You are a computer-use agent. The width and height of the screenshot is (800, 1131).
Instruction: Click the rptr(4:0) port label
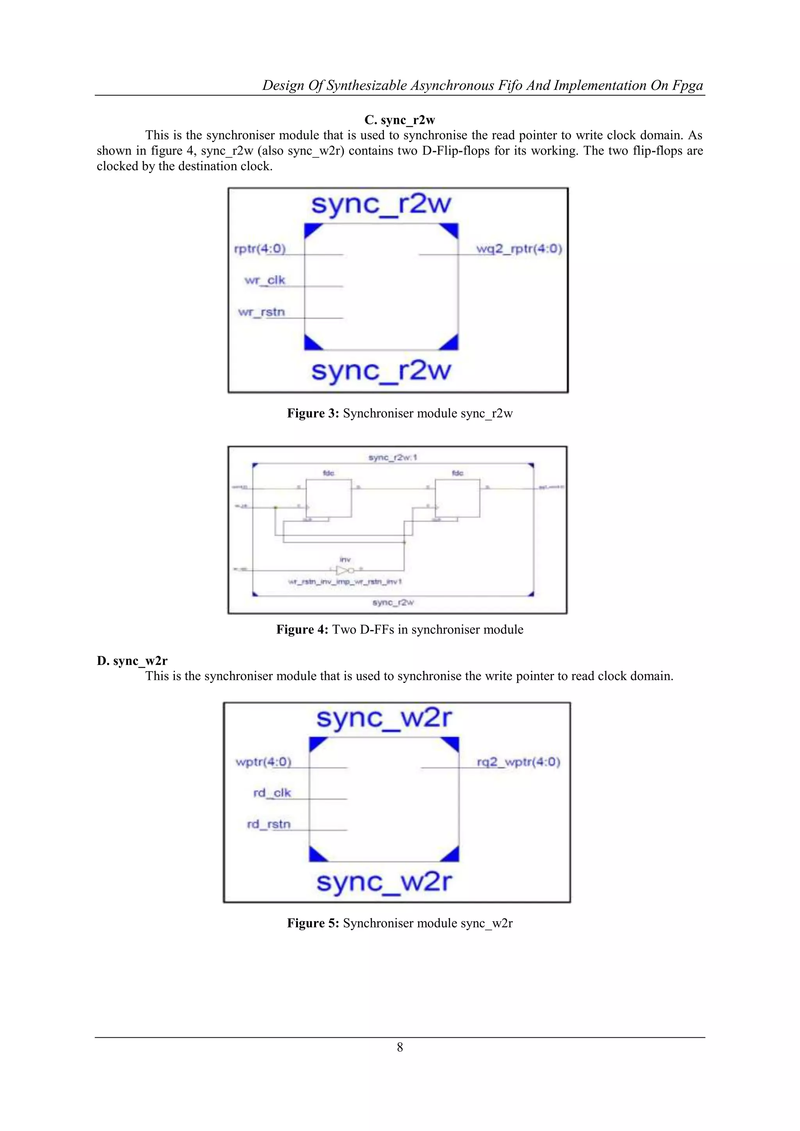click(260, 249)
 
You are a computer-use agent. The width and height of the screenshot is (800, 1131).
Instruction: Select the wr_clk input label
click(264, 280)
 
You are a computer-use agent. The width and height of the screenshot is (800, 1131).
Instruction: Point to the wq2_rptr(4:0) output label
click(519, 249)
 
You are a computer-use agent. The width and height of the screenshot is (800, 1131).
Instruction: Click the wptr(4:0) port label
click(264, 762)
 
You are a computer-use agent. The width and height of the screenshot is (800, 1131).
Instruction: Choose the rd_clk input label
click(272, 793)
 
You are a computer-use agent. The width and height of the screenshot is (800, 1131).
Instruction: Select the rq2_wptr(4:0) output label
click(518, 762)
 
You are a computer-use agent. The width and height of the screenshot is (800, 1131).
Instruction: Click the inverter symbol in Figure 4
click(343, 570)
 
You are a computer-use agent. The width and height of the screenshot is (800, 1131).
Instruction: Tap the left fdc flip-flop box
click(329, 497)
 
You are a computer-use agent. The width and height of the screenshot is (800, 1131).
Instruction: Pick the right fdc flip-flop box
click(457, 497)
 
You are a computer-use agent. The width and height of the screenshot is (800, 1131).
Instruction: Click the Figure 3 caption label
click(400, 413)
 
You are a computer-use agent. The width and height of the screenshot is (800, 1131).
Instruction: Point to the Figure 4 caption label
click(400, 629)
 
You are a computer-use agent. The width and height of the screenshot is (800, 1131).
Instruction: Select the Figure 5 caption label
click(400, 923)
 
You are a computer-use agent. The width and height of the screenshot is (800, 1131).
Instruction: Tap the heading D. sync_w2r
click(132, 661)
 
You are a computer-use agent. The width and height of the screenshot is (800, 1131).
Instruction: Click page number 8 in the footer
click(400, 1047)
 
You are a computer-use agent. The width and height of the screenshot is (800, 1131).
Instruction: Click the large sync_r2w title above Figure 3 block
click(381, 204)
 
